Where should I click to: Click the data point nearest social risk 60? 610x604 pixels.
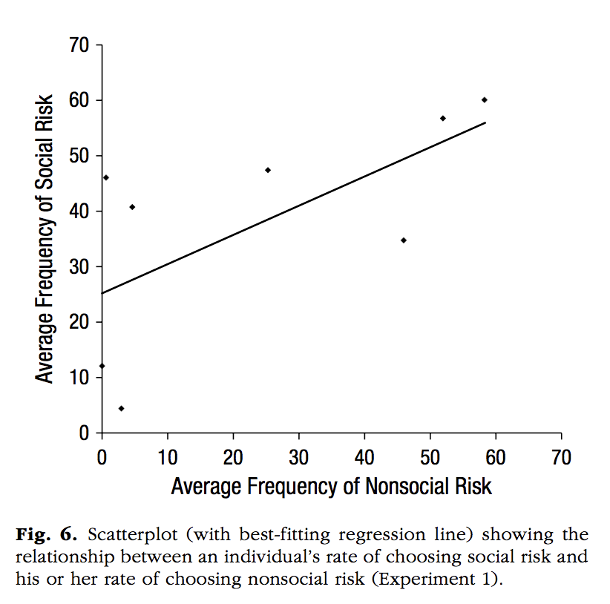point(485,99)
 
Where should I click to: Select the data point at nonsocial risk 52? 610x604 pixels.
point(443,118)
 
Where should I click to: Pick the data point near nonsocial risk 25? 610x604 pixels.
point(268,170)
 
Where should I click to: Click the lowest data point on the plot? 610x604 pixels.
point(121,408)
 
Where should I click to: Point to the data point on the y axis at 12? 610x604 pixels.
point(102,366)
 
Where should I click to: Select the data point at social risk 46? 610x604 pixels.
point(106,177)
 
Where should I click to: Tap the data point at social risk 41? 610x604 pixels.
point(132,207)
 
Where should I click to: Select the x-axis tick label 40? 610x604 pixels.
point(364,457)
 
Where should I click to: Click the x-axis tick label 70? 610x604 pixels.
point(561,457)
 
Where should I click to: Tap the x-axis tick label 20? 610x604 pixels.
point(233,457)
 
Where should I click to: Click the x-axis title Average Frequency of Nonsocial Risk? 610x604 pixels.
point(331,487)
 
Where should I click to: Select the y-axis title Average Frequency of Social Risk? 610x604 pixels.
point(46,239)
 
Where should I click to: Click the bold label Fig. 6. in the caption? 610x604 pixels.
point(44,535)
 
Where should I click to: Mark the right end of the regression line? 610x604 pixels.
point(485,122)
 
